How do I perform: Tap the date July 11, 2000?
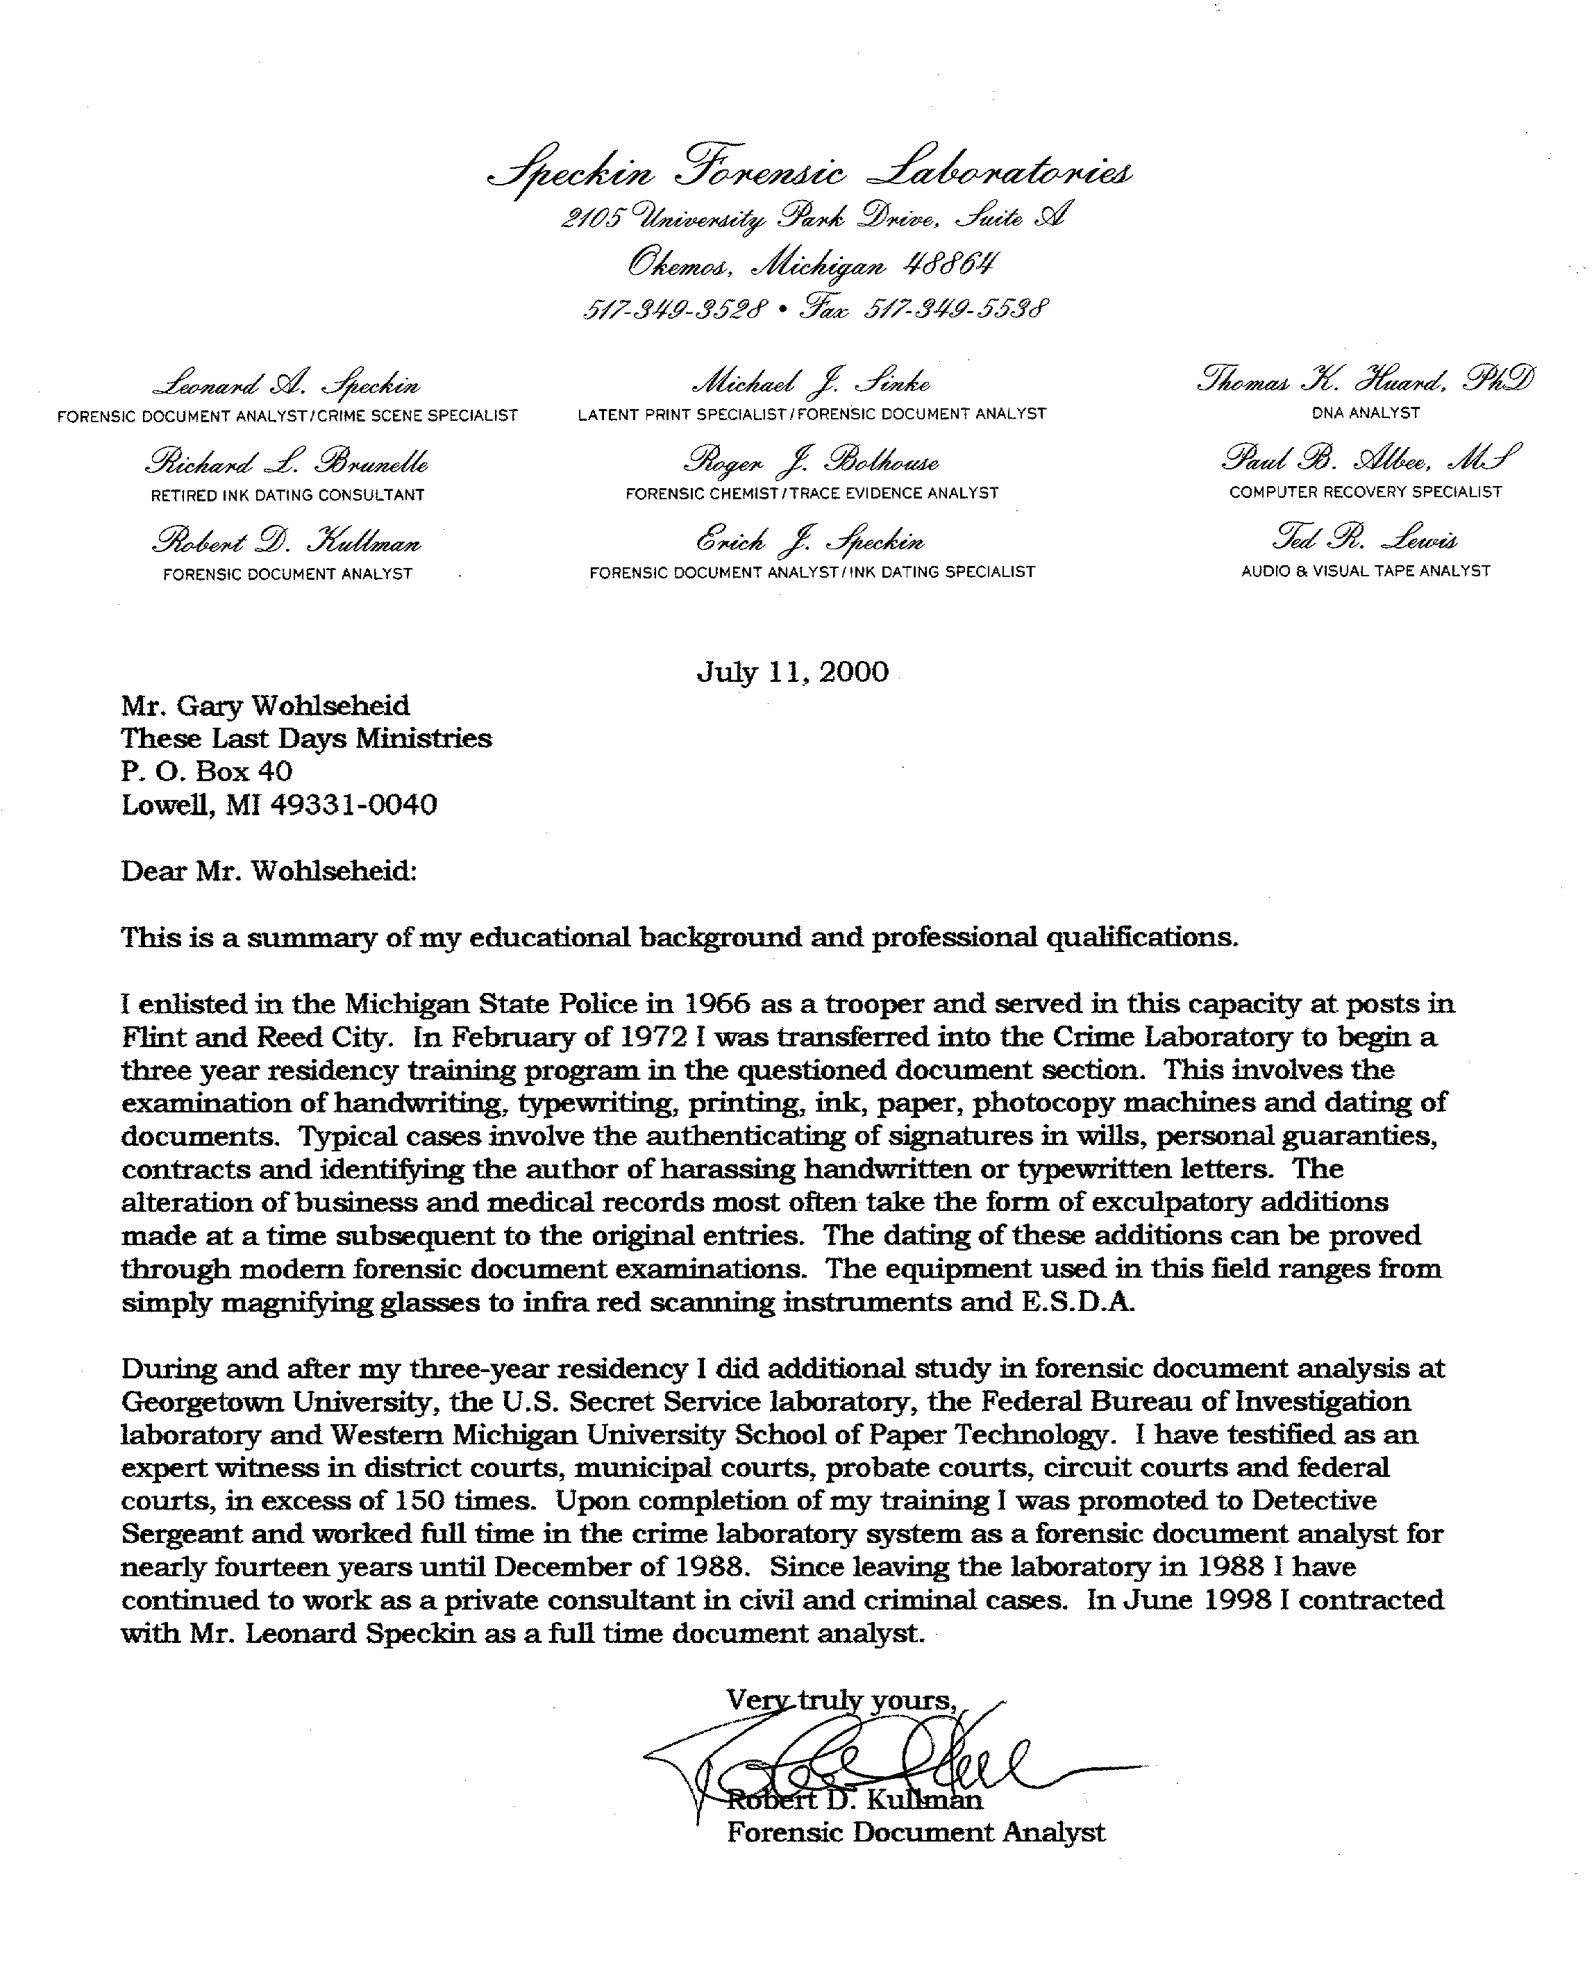point(792,672)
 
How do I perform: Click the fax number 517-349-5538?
point(955,308)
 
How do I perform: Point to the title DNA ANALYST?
point(1366,413)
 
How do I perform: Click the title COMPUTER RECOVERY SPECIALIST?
point(1366,492)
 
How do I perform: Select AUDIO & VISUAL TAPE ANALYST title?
point(1366,571)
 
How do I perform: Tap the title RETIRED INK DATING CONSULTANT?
point(287,495)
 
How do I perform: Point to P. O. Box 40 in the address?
point(207,771)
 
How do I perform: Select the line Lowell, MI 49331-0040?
point(279,805)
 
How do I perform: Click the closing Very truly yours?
point(841,1701)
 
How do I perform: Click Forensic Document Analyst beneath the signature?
point(916,1832)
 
